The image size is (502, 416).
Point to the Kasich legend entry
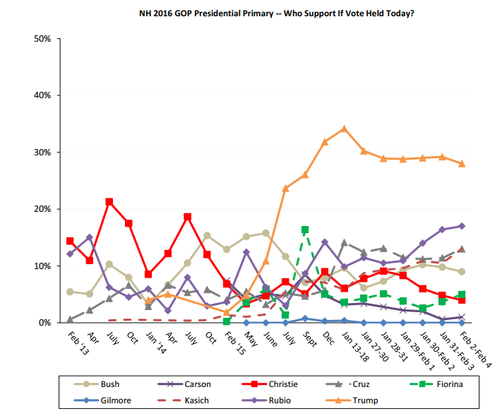click(x=199, y=400)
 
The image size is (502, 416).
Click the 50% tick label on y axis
click(x=42, y=38)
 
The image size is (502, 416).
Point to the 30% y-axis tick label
click(x=42, y=152)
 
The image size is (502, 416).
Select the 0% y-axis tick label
click(x=44, y=323)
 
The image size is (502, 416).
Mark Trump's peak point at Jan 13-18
click(x=344, y=129)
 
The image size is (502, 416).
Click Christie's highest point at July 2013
click(x=109, y=201)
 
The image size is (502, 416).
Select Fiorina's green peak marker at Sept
click(x=305, y=230)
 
